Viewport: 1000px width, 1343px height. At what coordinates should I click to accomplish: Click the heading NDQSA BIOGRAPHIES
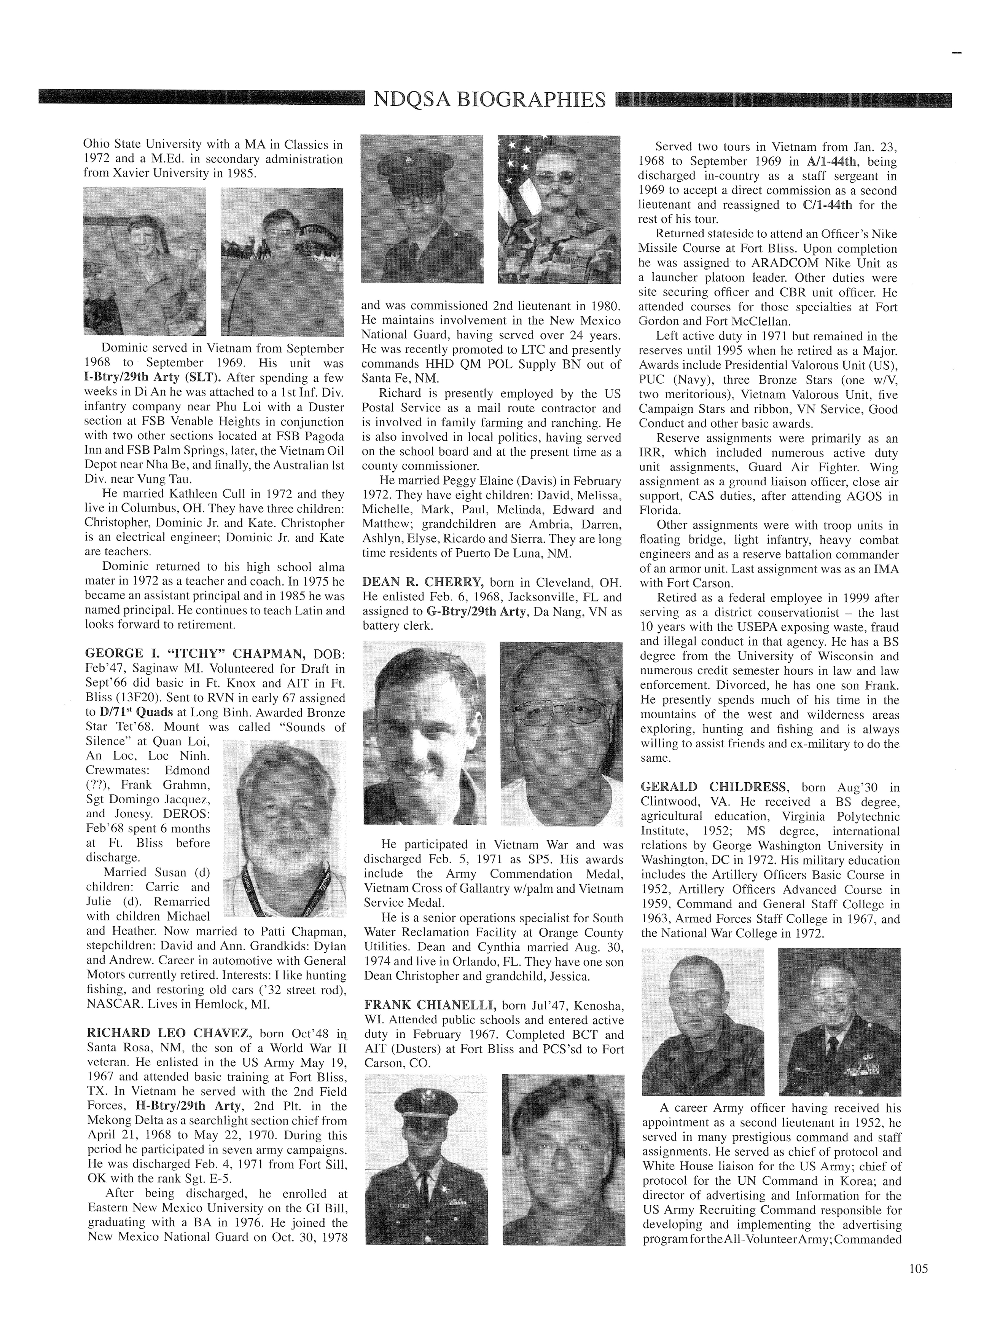pyautogui.click(x=489, y=99)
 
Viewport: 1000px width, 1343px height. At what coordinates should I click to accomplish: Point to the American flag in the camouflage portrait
pyautogui.click(x=514, y=175)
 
